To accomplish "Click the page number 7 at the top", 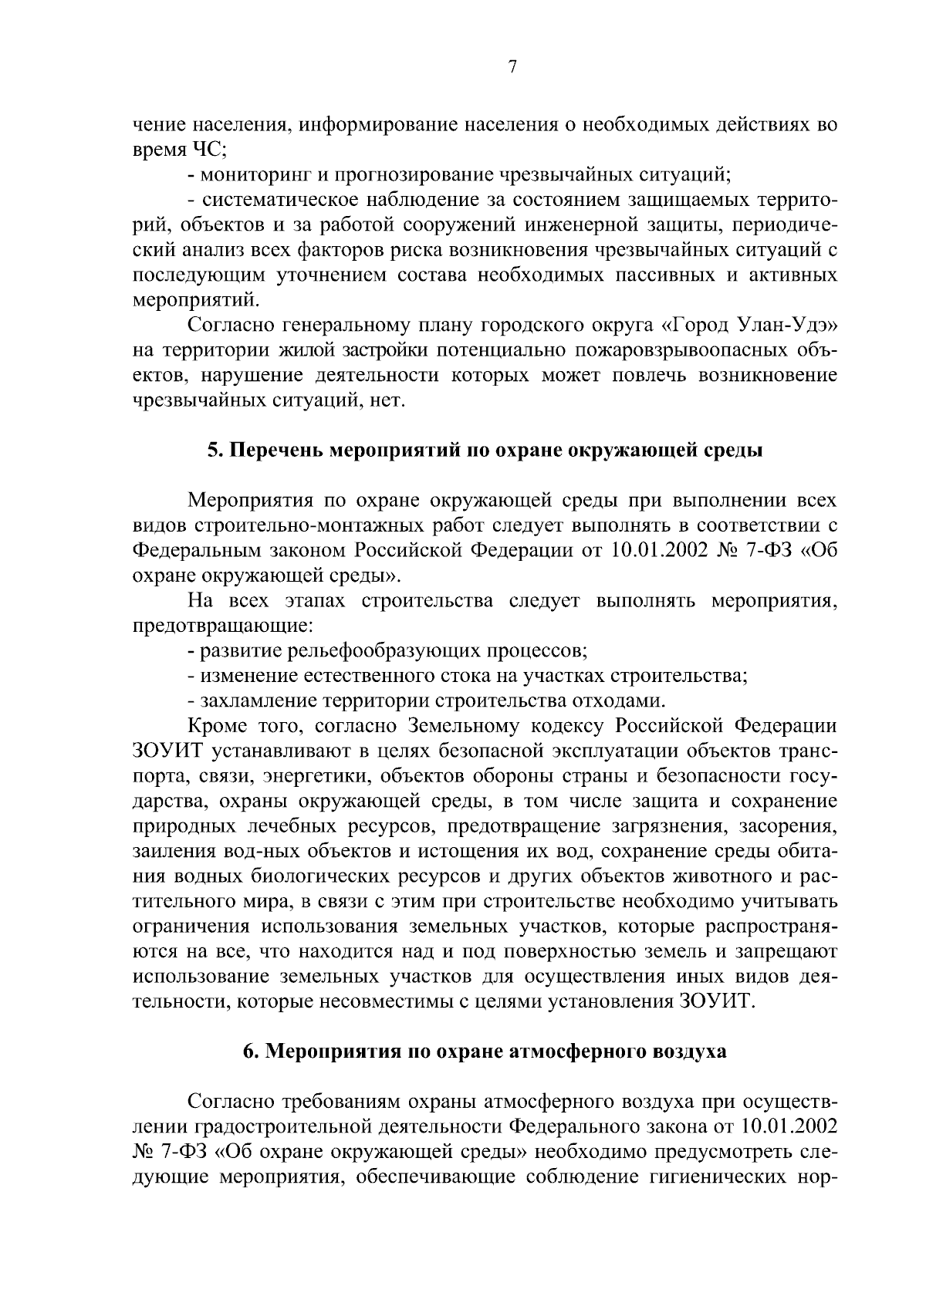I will (512, 67).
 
